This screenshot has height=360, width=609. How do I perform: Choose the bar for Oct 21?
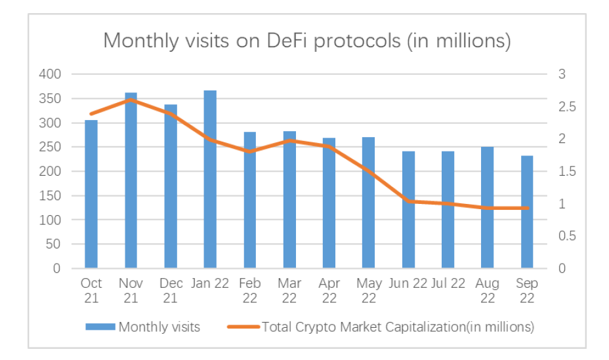(91, 194)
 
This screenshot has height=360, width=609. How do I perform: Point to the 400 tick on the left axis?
(51, 74)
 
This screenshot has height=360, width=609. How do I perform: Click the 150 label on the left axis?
(51, 195)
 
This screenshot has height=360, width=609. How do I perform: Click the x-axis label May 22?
(368, 290)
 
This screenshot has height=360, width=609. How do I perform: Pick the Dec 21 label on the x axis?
(171, 290)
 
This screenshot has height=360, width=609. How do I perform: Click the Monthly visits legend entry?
(159, 327)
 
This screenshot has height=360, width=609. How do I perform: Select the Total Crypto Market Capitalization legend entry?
(398, 327)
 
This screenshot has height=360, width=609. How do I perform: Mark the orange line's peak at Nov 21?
(131, 100)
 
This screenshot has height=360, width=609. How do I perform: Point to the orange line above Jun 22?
(408, 201)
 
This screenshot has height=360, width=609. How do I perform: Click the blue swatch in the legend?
(99, 327)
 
